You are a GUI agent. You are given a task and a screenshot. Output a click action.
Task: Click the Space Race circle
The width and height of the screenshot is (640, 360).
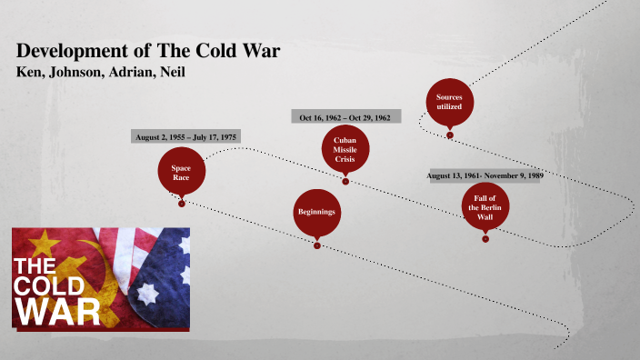click(181, 172)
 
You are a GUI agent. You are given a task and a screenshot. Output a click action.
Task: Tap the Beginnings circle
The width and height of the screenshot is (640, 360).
click(316, 212)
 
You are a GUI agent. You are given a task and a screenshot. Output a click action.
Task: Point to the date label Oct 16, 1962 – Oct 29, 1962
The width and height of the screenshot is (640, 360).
click(345, 117)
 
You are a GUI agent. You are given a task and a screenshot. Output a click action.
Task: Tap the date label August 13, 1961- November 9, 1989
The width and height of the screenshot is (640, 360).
click(485, 175)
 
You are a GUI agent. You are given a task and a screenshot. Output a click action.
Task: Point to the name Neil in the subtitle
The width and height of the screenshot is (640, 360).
click(169, 72)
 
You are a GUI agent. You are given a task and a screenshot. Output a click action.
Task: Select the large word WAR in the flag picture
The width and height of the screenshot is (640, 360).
click(56, 311)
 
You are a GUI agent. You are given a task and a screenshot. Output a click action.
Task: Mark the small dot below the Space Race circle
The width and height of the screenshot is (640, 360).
click(182, 203)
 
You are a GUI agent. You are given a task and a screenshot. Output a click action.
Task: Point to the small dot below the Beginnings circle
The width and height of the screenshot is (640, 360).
click(316, 244)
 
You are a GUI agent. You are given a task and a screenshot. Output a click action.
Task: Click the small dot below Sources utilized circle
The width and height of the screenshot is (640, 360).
click(449, 135)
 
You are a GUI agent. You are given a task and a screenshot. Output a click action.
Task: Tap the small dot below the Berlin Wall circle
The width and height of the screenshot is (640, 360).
click(485, 238)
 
